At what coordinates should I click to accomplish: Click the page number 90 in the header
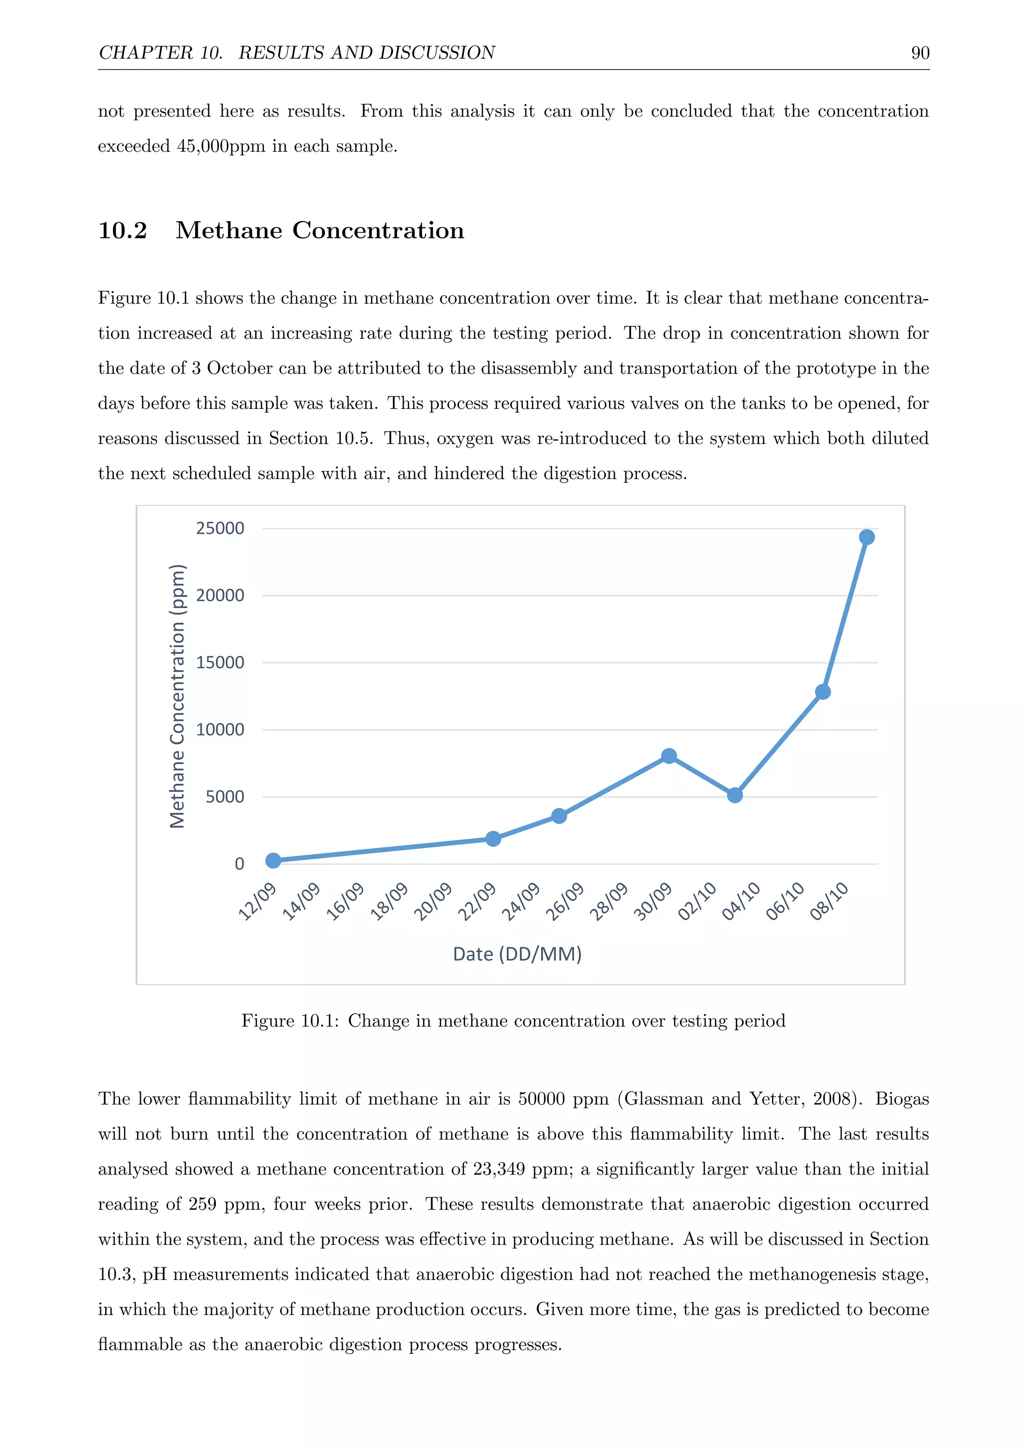coord(920,53)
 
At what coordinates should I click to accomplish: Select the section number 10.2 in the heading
coord(123,230)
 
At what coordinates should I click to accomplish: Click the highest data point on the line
coord(866,537)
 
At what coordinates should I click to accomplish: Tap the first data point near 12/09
coord(273,860)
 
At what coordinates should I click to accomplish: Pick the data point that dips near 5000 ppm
coord(735,795)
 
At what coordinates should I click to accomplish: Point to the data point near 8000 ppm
coord(669,756)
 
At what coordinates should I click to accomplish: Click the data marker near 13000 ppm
coord(822,692)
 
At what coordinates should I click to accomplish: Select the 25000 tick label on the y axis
coord(220,528)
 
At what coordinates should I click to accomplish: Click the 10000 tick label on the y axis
coord(220,730)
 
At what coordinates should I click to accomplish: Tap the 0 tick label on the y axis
coord(239,864)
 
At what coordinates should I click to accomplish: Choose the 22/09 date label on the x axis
coord(477,901)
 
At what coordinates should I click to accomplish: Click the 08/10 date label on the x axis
coord(829,901)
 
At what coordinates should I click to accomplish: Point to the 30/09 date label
coord(653,901)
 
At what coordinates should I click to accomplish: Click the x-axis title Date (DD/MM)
coord(517,954)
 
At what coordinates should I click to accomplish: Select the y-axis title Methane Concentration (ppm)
coord(177,695)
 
